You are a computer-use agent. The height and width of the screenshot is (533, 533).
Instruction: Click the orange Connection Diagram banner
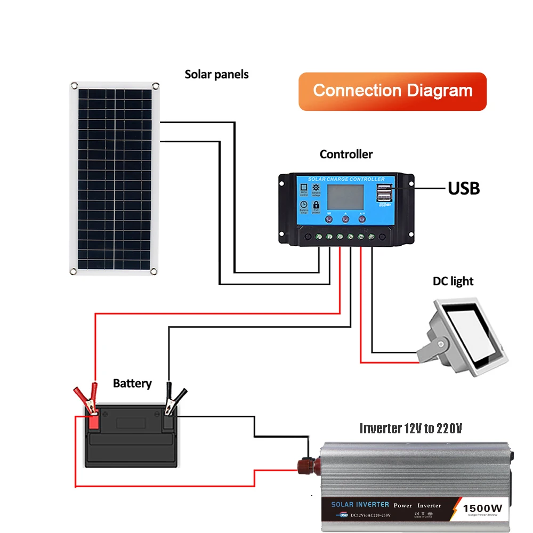(393, 91)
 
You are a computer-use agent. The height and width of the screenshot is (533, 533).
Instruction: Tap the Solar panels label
(216, 74)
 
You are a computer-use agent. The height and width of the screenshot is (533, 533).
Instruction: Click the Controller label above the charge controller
(346, 155)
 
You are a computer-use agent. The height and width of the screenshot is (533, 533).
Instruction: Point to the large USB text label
(464, 188)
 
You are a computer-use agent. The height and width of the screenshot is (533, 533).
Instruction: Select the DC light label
(453, 281)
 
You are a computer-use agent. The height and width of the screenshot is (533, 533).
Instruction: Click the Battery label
(132, 383)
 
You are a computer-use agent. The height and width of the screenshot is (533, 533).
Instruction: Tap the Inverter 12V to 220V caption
(410, 428)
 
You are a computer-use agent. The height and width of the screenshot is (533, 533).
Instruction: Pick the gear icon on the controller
(316, 188)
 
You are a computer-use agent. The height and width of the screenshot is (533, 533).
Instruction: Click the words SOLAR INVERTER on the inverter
(360, 504)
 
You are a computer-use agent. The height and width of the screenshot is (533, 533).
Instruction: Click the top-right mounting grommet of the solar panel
(155, 85)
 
